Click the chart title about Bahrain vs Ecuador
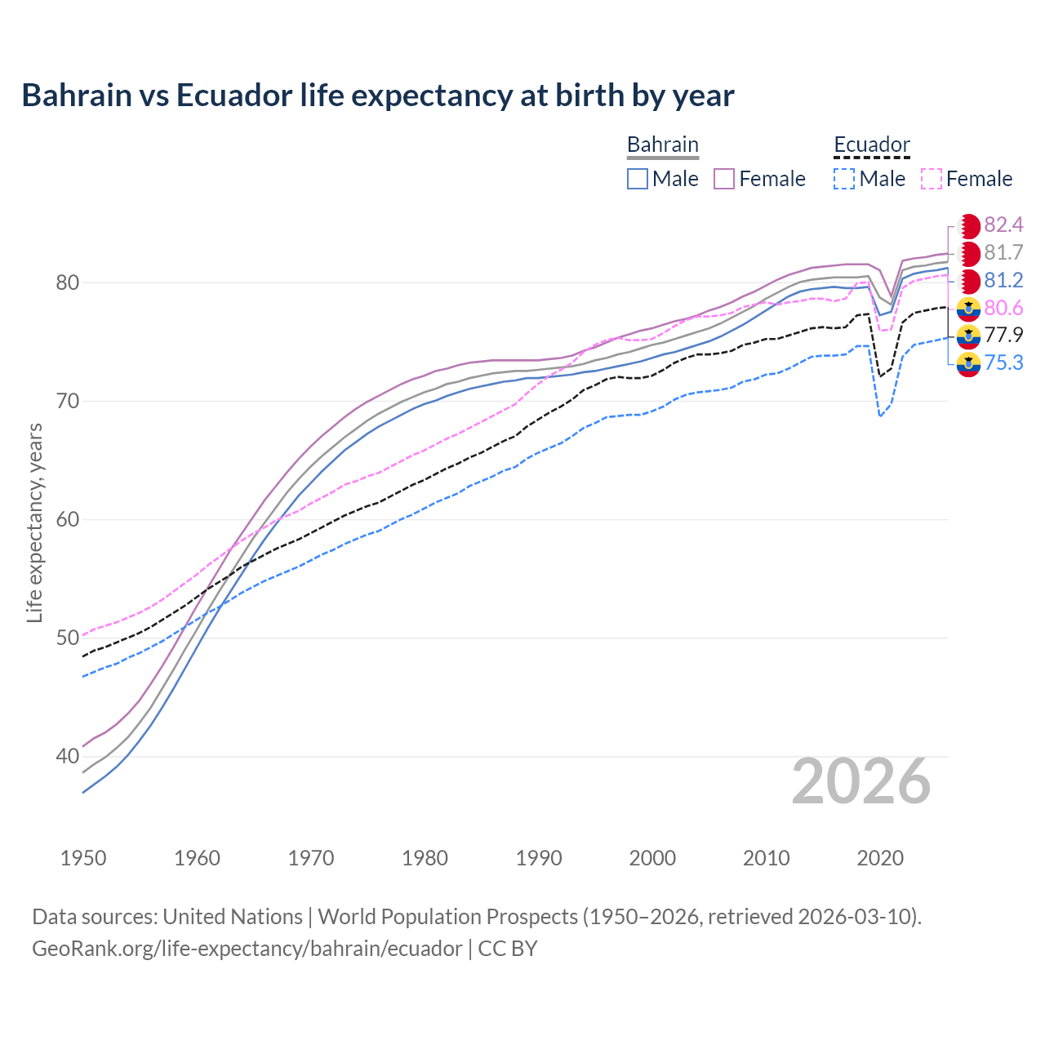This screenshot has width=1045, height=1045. point(377,96)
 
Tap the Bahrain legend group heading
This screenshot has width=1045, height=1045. point(662,145)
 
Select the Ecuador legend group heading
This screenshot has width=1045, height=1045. point(871,145)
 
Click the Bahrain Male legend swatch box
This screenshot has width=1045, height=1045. point(638,179)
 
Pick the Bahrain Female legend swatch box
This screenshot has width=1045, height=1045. point(724,179)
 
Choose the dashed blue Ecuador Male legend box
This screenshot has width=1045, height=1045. point(844,179)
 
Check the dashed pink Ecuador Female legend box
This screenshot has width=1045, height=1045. point(932,179)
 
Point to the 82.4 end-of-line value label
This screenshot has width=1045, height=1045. point(1003,225)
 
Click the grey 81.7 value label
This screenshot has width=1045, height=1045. point(1003,252)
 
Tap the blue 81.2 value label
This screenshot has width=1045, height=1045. point(1003,280)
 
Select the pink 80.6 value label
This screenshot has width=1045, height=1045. point(1003,308)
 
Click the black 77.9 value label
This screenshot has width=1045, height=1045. point(1003,335)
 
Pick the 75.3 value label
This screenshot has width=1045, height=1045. point(1003,362)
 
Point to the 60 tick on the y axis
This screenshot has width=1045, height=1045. point(67,519)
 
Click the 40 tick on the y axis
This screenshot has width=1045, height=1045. point(67,756)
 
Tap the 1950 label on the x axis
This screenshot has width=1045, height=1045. point(83,858)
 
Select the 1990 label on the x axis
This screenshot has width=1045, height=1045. point(539,858)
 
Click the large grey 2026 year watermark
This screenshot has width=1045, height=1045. point(860,781)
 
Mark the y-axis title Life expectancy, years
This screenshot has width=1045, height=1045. point(34,522)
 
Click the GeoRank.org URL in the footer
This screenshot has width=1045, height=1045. point(247,948)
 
